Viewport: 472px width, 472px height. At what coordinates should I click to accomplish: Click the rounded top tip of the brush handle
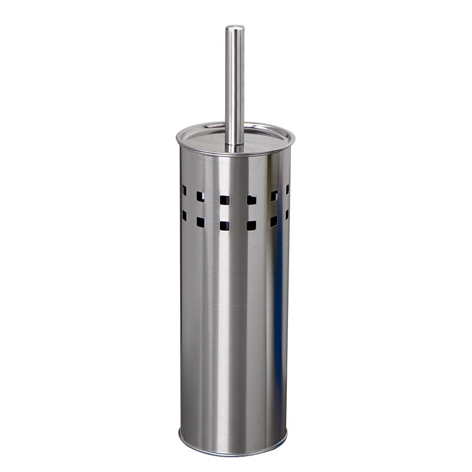click(x=235, y=28)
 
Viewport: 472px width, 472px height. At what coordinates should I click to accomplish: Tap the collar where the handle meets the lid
click(x=234, y=144)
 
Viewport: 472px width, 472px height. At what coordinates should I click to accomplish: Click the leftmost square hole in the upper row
click(x=184, y=191)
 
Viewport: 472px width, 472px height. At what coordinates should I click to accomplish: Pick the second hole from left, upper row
click(x=201, y=196)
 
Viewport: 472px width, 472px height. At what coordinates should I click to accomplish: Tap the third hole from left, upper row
click(x=224, y=199)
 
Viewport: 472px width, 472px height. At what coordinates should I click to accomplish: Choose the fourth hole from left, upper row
click(x=251, y=199)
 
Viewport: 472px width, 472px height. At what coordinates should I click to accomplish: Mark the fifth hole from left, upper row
click(x=274, y=195)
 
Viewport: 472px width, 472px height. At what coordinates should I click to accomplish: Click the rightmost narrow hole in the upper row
click(x=287, y=189)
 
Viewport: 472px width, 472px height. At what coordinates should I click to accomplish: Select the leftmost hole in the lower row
click(x=184, y=216)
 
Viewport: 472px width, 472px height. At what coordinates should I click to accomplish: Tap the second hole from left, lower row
click(x=201, y=222)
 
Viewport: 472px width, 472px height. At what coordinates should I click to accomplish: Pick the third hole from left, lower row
click(x=224, y=225)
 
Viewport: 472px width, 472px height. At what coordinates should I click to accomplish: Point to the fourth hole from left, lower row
click(x=251, y=225)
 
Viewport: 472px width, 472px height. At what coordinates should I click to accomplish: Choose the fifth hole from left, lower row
click(x=274, y=221)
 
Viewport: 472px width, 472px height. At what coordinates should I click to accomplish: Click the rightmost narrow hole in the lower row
click(x=287, y=215)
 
